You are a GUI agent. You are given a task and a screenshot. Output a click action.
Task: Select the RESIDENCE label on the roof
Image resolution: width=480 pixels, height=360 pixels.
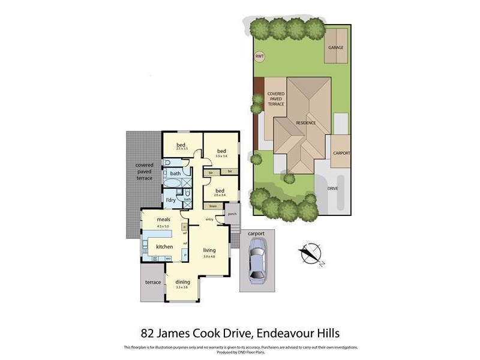click(305, 123)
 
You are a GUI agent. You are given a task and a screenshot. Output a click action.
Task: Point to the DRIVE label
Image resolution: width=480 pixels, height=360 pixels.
click(332, 188)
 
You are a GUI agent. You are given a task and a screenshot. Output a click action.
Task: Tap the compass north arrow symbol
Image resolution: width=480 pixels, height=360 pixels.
click(311, 254)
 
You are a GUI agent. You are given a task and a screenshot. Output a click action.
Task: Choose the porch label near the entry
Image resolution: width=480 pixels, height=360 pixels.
click(232, 213)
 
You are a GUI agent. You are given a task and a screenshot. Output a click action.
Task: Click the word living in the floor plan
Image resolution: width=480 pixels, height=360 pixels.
click(209, 250)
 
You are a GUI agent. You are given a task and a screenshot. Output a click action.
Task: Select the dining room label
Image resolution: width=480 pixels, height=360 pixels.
click(182, 282)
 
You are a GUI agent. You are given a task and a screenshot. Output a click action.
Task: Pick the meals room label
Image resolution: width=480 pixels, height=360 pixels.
click(164, 220)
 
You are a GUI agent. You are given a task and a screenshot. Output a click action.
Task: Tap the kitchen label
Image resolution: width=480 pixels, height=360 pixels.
click(164, 247)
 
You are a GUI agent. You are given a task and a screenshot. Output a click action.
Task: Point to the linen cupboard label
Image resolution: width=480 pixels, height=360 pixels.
click(212, 206)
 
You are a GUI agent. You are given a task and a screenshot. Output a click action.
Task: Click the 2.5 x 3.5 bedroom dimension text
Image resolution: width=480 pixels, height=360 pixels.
click(181, 149)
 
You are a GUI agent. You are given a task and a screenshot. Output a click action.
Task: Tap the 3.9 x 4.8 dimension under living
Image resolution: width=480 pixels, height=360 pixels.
click(209, 256)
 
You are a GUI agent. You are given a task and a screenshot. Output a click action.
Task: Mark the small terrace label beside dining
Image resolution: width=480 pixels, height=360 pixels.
click(153, 282)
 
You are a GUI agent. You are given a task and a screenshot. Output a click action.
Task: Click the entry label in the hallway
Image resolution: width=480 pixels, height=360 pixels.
click(209, 220)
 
